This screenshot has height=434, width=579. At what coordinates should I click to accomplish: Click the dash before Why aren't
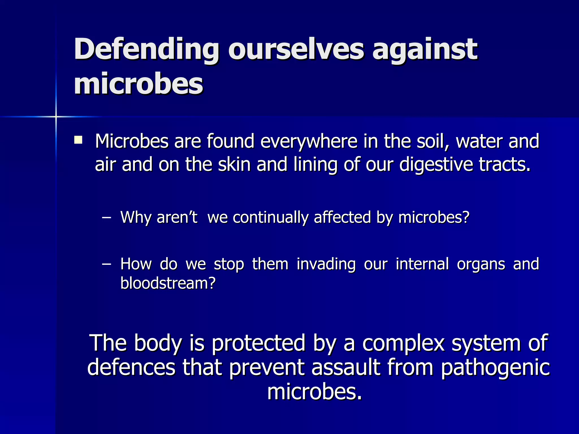[x=106, y=218]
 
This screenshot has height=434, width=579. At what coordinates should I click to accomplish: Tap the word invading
[x=326, y=264]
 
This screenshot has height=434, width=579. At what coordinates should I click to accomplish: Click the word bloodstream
[x=168, y=283]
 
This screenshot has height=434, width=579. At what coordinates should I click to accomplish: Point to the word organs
[x=481, y=264]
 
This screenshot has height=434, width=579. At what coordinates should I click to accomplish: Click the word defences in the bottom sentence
[x=131, y=368]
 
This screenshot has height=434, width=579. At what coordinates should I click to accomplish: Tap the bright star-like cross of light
[x=56, y=116]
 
